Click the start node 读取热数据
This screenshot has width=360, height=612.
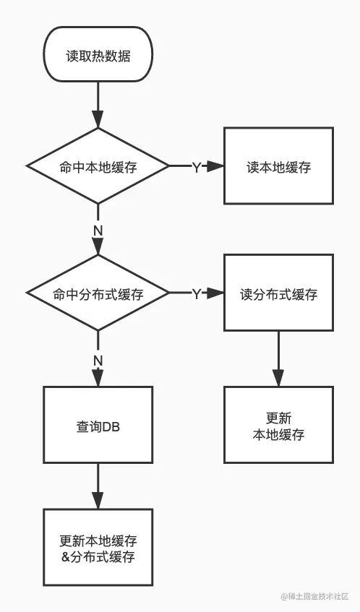pyautogui.click(x=98, y=55)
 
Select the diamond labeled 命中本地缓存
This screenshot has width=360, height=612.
pyautogui.click(x=98, y=166)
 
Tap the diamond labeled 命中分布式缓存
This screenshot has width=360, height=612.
pyautogui.click(x=98, y=294)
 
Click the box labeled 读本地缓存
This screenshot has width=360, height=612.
pyautogui.click(x=278, y=166)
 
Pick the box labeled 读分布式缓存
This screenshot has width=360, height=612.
pyautogui.click(x=278, y=294)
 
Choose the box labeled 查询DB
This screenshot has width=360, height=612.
pyautogui.click(x=98, y=425)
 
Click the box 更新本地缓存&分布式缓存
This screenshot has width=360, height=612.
pyautogui.click(x=98, y=548)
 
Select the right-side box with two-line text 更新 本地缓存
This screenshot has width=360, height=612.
pyautogui.click(x=278, y=425)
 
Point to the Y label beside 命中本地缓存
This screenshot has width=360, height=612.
pyautogui.click(x=196, y=167)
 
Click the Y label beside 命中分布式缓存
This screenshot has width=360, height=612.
pyautogui.click(x=196, y=294)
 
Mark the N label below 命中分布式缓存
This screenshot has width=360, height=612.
pyautogui.click(x=98, y=359)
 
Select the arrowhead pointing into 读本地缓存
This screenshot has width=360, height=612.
pyautogui.click(x=216, y=166)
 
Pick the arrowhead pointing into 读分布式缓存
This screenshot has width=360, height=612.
pyautogui.click(x=216, y=294)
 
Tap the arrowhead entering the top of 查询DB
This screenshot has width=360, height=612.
pyautogui.click(x=98, y=379)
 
